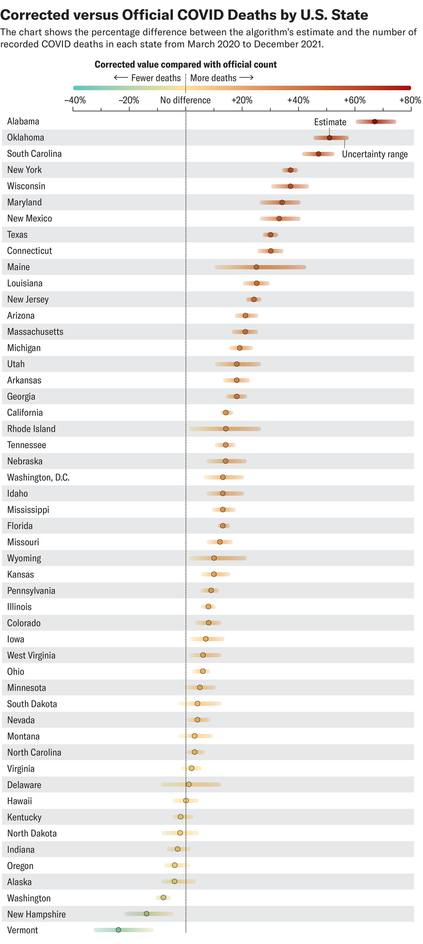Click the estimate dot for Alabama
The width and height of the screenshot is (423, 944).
pos(375,122)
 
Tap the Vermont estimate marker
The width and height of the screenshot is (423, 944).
pos(118,930)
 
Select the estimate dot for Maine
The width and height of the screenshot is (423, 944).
pos(256,267)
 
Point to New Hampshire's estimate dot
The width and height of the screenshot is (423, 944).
pos(146,913)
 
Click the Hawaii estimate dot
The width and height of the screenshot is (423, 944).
pos(186,801)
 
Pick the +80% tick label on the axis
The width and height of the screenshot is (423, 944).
pos(410,100)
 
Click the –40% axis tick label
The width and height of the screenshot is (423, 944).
pos(74,100)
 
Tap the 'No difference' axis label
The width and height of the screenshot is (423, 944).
pos(185,100)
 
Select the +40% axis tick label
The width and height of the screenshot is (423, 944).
pos(298,100)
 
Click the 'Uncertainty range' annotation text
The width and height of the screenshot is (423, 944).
pos(375,154)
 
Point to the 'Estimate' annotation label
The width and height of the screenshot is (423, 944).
pos(330,122)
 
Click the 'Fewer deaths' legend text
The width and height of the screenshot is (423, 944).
pos(156,78)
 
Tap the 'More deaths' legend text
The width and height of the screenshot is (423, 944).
pos(213,78)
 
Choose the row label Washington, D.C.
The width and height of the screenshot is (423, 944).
pos(38,478)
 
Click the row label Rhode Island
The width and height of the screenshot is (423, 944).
pos(31,429)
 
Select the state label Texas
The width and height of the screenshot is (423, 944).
pos(17,235)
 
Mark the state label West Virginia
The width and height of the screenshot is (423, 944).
pos(31,655)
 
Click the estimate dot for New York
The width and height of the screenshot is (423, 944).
pos(290,170)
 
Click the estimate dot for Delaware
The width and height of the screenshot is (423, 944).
pos(188,784)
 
